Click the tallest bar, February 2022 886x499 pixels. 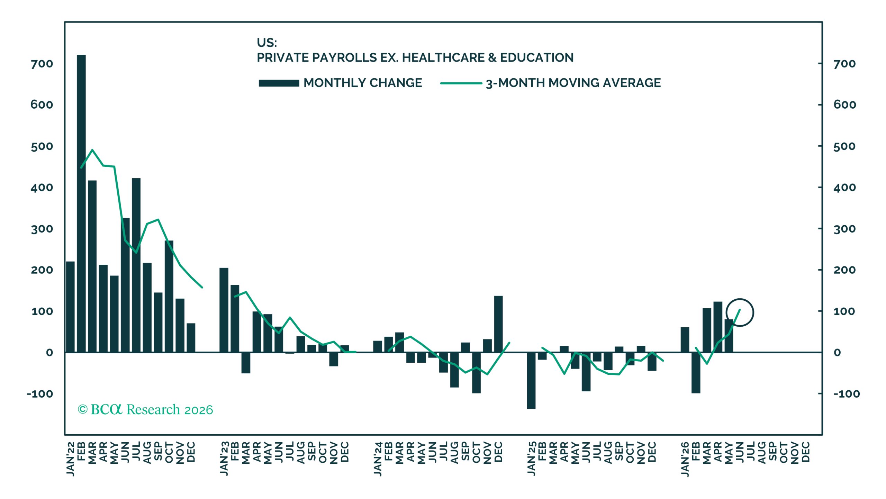[x=81, y=203]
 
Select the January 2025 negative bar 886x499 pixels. [x=531, y=380]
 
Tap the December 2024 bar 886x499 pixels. [x=498, y=324]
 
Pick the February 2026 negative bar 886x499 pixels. [x=696, y=373]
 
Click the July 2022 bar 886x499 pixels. [x=136, y=265]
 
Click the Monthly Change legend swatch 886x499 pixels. [x=279, y=83]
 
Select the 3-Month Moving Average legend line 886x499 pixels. [x=461, y=83]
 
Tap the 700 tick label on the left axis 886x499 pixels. [x=42, y=64]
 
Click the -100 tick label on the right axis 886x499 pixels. [x=847, y=394]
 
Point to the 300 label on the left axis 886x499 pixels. [x=42, y=229]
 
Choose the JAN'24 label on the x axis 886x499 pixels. [x=378, y=459]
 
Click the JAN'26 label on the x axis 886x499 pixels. [x=685, y=459]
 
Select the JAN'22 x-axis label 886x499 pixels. [x=70, y=459]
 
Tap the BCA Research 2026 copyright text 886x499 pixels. [x=145, y=409]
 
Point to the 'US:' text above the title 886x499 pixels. [x=267, y=43]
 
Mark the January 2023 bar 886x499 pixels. [x=224, y=310]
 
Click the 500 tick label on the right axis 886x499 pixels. [x=844, y=146]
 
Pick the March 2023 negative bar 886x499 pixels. [x=246, y=363]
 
